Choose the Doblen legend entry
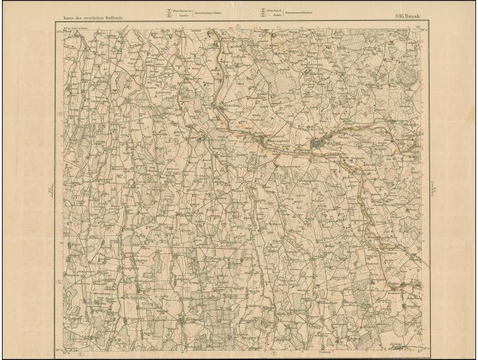276,15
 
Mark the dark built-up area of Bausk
317,143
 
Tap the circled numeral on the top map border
238,26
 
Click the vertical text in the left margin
50,191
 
